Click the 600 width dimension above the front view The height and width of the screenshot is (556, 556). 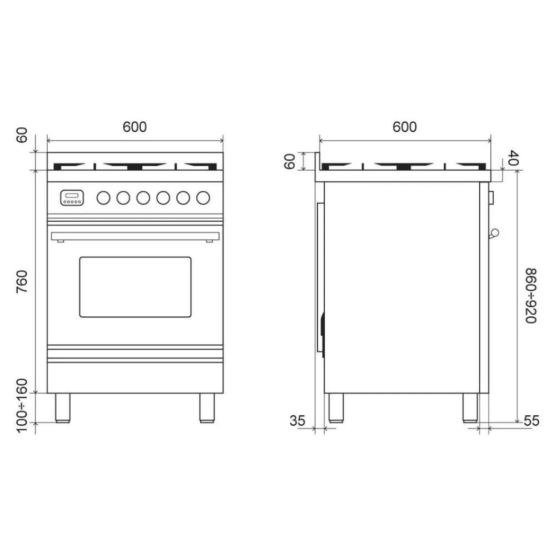click(135, 127)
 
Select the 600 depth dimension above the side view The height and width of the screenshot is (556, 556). click(404, 127)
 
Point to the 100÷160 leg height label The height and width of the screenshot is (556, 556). click(22, 406)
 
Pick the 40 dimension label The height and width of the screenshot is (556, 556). click(513, 158)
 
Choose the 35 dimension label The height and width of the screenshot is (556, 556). click(297, 421)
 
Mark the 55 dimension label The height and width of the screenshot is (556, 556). click(532, 421)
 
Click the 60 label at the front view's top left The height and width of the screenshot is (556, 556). click(22, 135)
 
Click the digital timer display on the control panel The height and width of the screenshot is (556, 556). click(72, 197)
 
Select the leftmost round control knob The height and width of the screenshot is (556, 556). click(103, 197)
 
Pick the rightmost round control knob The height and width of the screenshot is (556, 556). click(203, 197)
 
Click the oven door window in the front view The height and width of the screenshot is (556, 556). click(135, 287)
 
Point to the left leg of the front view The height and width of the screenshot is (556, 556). click(62, 408)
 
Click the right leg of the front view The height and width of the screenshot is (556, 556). click(207, 408)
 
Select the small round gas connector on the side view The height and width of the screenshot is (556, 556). click(494, 233)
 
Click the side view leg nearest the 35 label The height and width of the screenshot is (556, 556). click(336, 408)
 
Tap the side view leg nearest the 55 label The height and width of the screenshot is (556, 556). click(470, 408)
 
